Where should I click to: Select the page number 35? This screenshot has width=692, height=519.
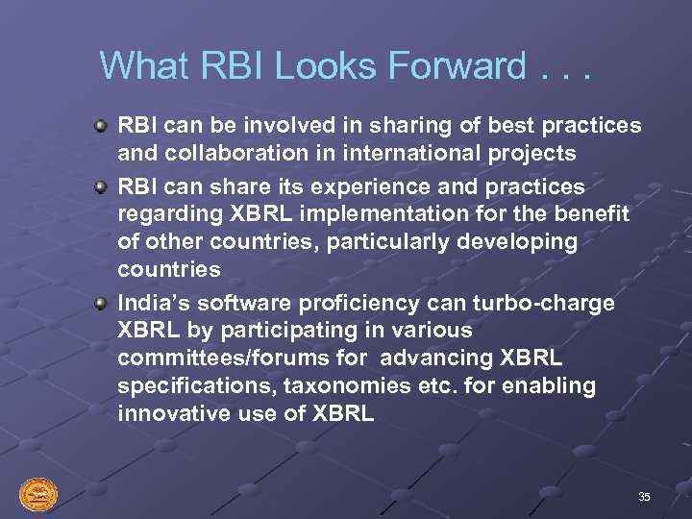644,497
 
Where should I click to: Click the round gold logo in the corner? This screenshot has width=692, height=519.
38,495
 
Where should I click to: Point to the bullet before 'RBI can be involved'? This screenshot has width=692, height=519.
101,126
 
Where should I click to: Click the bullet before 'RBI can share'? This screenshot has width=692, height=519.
101,185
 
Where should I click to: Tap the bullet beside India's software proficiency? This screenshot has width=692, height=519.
101,303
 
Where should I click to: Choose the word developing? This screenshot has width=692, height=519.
519,241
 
